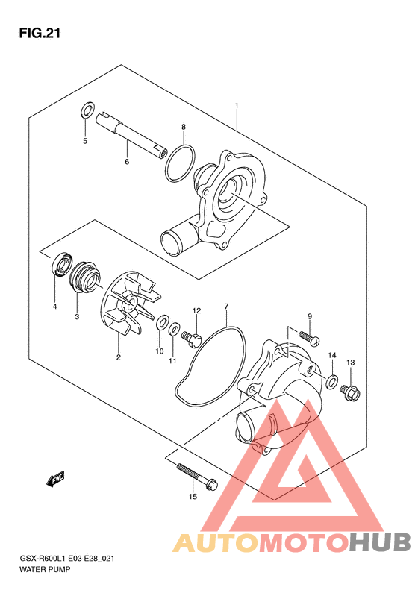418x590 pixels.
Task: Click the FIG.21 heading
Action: (40, 34)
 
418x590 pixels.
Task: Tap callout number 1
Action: (237, 106)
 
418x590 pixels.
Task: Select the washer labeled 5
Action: (87, 110)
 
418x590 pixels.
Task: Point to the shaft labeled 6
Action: (131, 135)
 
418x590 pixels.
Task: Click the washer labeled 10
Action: (162, 322)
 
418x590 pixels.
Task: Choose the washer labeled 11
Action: (174, 329)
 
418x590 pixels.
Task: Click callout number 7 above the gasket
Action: (226, 307)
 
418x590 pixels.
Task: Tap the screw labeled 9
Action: (310, 337)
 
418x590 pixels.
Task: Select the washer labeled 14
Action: (331, 382)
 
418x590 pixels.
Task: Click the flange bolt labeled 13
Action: (350, 392)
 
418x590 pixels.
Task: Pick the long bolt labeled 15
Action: (196, 475)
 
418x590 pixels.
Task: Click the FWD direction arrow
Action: (55, 479)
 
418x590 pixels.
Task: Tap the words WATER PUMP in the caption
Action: (45, 569)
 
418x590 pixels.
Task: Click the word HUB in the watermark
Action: (380, 542)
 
